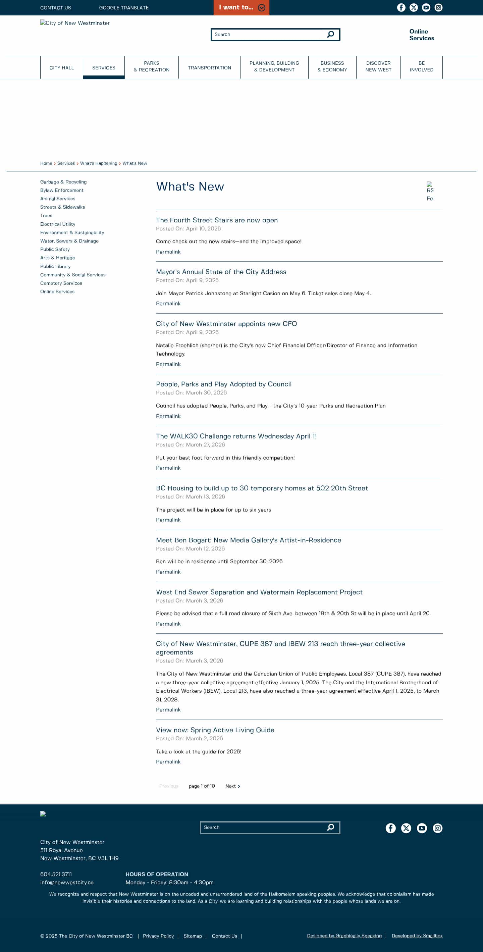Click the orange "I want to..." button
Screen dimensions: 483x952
tap(241, 7)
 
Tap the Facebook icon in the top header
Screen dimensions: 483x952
tap(401, 7)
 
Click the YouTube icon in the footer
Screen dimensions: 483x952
tap(422, 828)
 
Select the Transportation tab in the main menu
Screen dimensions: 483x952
tap(209, 68)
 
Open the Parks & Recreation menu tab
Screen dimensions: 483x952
tap(152, 66)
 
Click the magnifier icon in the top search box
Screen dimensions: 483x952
tap(331, 34)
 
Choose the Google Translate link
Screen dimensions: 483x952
tap(124, 7)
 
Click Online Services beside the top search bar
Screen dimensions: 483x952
tap(422, 35)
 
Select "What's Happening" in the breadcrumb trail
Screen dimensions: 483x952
tap(99, 163)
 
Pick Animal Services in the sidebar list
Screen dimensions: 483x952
tap(58, 199)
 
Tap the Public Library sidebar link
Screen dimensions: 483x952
tap(55, 266)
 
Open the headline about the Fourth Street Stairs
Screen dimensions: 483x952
tap(217, 220)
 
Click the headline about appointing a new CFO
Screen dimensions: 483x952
tap(226, 324)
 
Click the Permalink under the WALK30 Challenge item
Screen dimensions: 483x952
tap(168, 468)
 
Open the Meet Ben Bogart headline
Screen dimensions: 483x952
tap(248, 540)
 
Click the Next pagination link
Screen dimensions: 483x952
tap(232, 786)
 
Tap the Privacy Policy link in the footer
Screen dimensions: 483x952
tap(158, 936)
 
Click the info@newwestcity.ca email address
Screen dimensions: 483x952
tap(67, 882)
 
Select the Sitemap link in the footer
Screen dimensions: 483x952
tap(193, 936)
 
